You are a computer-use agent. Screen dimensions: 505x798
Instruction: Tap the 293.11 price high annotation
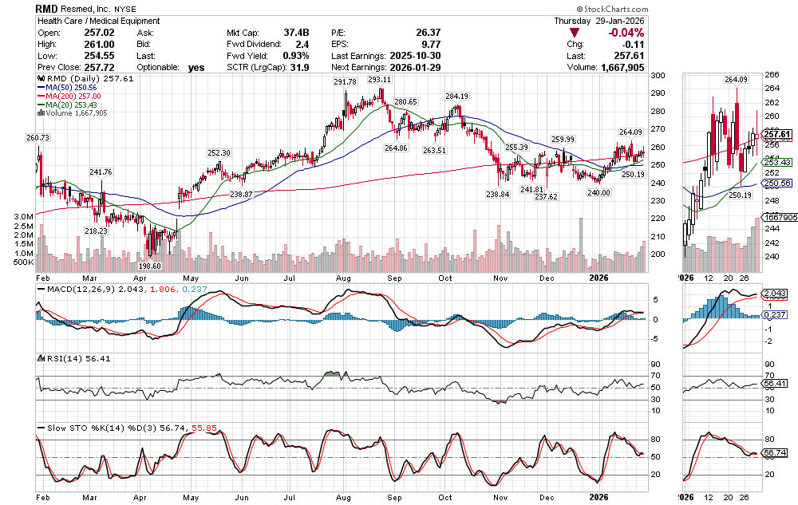[x=379, y=81]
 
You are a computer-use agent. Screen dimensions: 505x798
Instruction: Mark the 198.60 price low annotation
[x=150, y=266]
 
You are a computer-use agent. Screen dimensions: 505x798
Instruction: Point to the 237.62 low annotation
[x=546, y=196]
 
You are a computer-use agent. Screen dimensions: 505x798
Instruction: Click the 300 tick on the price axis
[x=659, y=76]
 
